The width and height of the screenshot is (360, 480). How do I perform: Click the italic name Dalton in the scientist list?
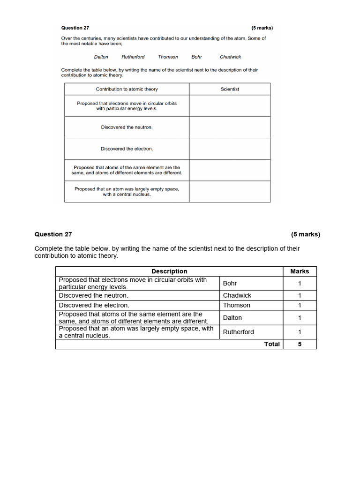(101, 57)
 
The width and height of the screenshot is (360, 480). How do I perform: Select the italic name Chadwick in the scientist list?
(230, 57)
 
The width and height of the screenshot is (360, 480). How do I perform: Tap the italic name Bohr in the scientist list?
(196, 57)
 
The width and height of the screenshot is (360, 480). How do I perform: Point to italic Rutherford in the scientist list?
(133, 57)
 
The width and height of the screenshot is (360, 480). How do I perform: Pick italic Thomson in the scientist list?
(168, 57)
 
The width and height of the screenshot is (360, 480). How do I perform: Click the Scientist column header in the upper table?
(230, 89)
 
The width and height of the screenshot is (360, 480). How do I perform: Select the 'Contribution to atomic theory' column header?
(127, 89)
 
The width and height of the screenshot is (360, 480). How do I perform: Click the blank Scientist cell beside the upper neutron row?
(230, 127)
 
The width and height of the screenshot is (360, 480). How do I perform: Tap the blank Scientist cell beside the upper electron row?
(230, 149)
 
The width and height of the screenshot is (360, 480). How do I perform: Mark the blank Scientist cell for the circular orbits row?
(230, 105)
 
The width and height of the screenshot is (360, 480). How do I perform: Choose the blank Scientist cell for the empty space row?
(230, 191)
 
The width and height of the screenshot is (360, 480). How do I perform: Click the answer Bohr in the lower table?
(230, 283)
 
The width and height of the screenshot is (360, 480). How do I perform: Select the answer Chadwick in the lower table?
(237, 295)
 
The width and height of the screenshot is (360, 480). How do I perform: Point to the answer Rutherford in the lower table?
(239, 332)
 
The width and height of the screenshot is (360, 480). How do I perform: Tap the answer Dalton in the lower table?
(232, 317)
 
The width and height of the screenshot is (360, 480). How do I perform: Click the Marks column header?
(300, 271)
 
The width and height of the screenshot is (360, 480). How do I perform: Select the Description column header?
(169, 271)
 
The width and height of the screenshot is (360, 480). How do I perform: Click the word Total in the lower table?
(272, 344)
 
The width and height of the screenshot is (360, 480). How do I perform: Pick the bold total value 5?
(300, 344)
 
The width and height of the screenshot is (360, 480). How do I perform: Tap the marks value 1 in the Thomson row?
(300, 305)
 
